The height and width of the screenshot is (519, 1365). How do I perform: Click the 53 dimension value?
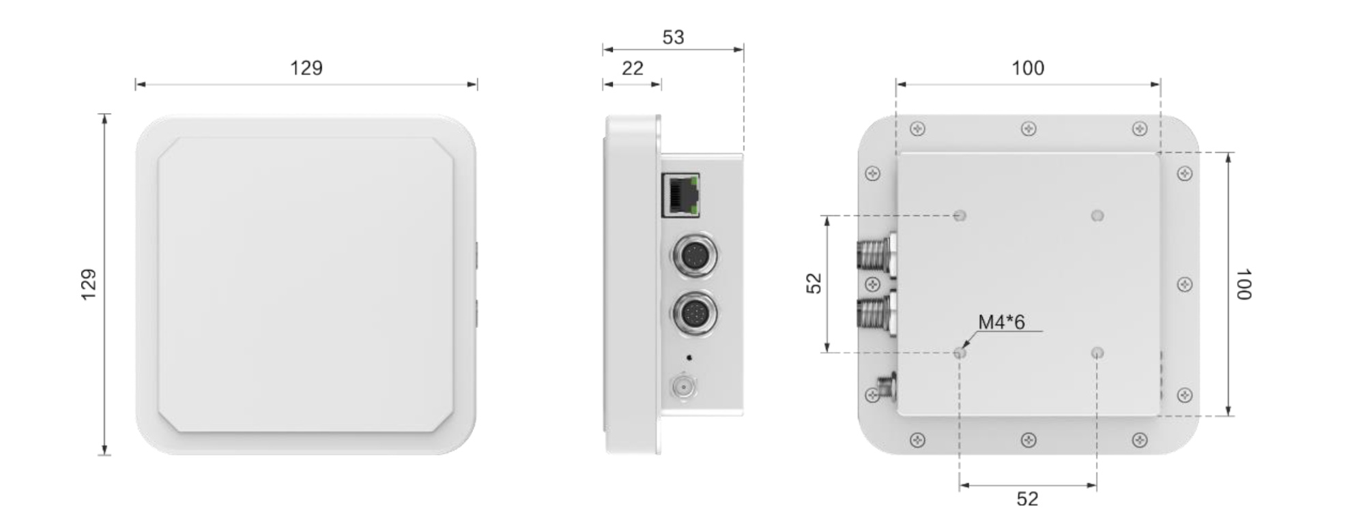click(x=673, y=38)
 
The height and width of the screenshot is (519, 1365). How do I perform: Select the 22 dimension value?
click(x=633, y=69)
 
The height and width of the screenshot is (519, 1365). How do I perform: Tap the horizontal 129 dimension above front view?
click(x=306, y=68)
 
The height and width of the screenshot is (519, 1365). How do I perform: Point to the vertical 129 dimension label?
click(x=89, y=284)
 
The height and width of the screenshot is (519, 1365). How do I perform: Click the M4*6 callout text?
click(x=1001, y=322)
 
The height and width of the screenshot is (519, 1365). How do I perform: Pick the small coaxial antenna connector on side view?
click(x=683, y=387)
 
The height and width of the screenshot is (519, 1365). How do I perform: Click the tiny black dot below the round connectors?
click(x=689, y=357)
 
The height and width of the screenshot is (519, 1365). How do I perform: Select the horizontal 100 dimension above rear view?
click(x=1027, y=68)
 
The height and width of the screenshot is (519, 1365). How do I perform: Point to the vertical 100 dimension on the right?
click(x=1243, y=284)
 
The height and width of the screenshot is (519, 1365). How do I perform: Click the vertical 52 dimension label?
click(x=814, y=284)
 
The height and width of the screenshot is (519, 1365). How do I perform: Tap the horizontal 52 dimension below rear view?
click(x=1027, y=499)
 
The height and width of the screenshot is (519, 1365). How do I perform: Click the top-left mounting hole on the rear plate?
click(x=960, y=216)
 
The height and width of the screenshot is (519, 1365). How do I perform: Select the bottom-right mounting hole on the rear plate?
click(x=1097, y=353)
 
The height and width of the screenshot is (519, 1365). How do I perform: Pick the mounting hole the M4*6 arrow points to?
click(x=960, y=353)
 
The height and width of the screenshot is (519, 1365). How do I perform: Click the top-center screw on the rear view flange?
click(x=1029, y=129)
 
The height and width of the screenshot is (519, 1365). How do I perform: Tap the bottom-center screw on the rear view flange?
click(x=1029, y=441)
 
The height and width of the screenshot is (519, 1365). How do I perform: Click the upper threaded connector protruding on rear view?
click(x=876, y=257)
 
